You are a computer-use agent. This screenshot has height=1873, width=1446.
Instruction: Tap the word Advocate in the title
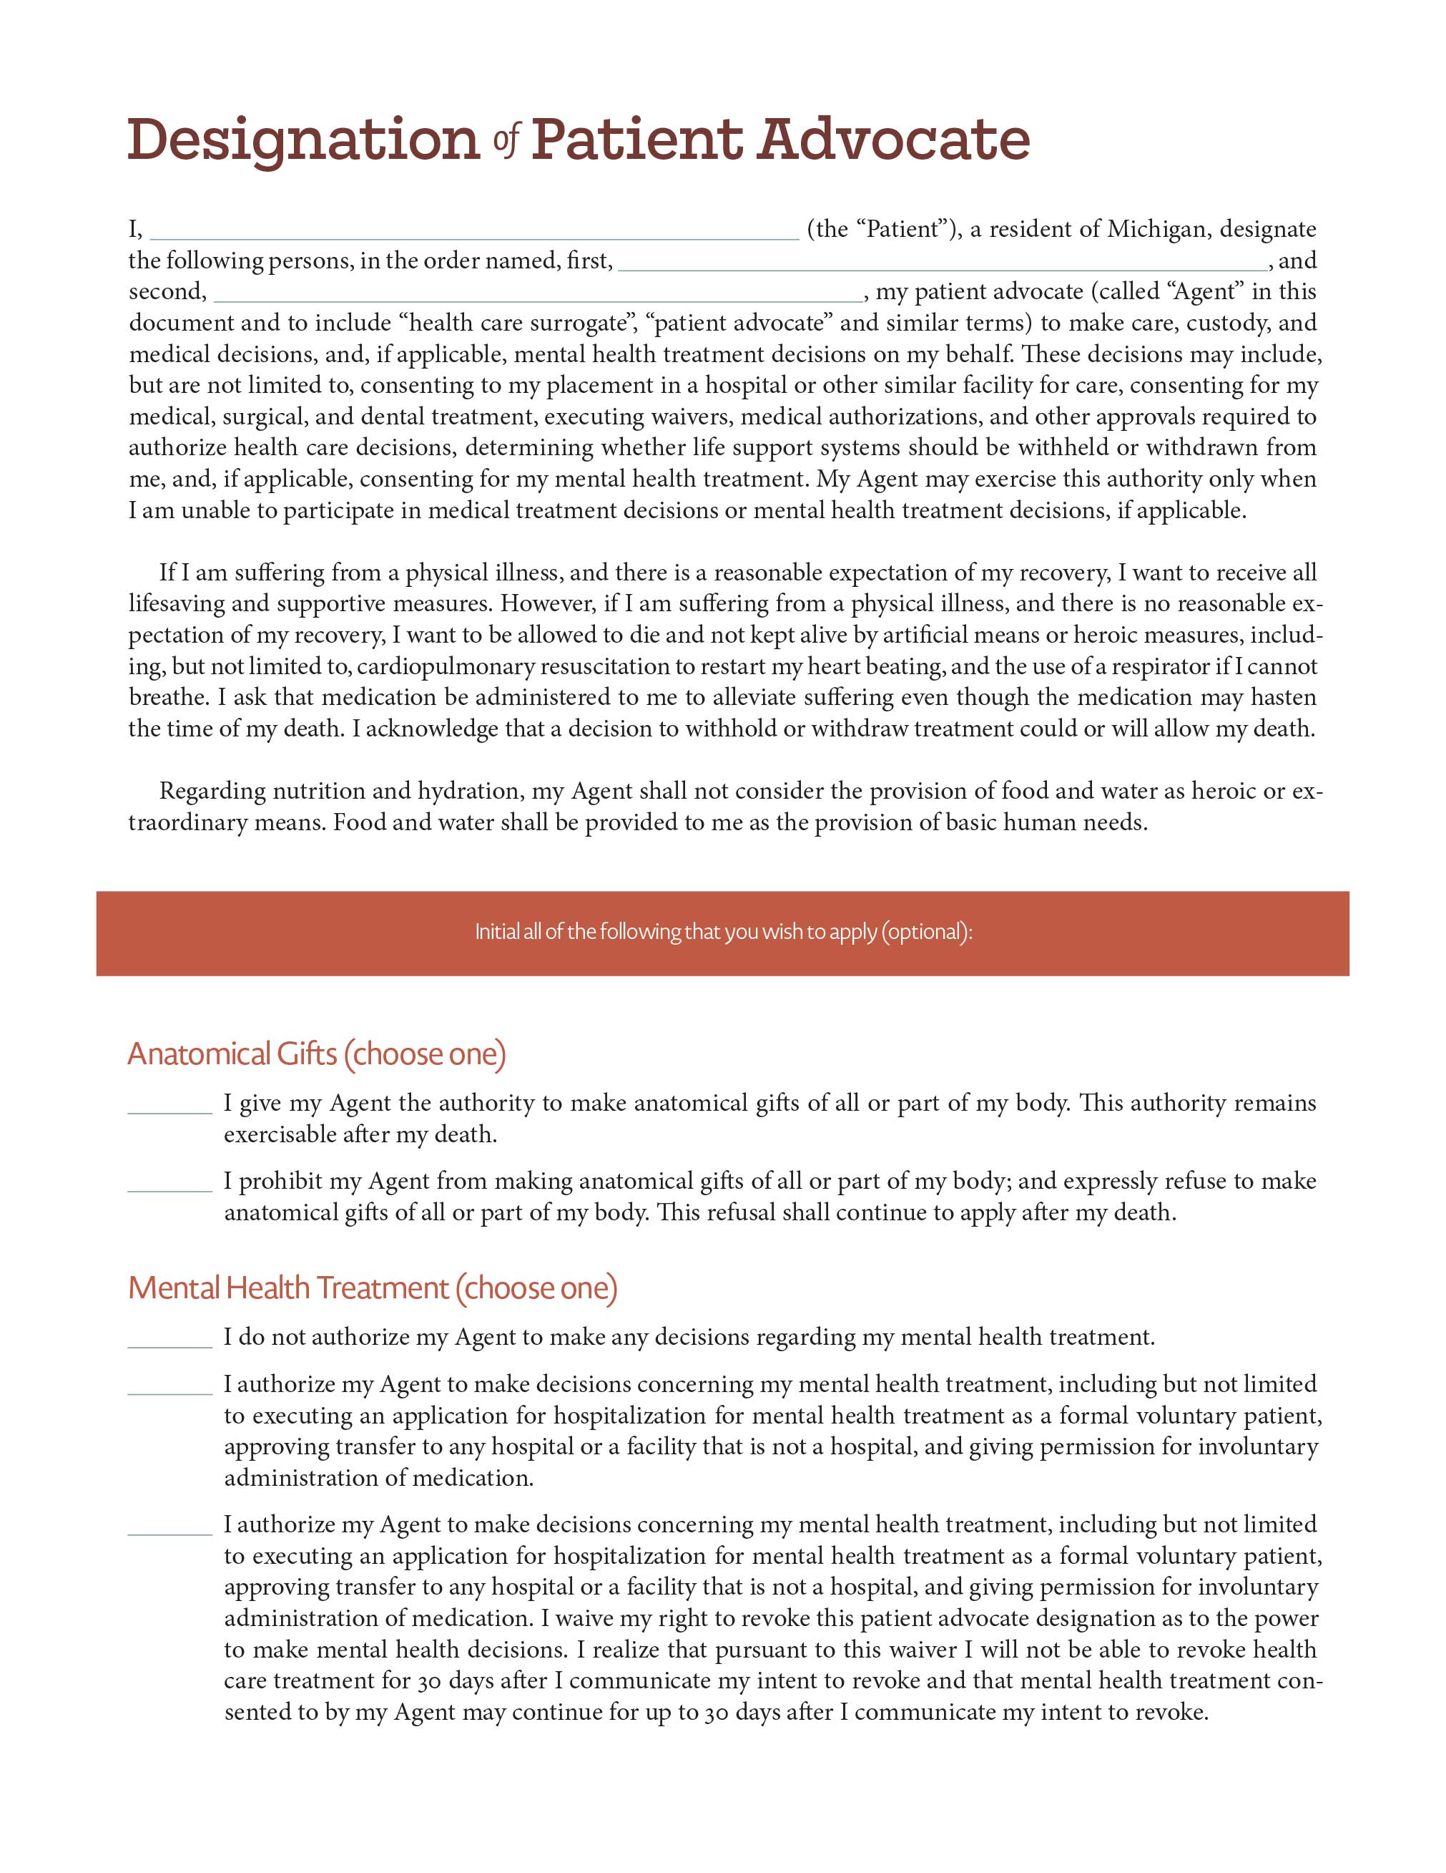(x=893, y=140)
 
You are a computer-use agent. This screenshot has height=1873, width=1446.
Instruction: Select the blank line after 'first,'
(x=941, y=263)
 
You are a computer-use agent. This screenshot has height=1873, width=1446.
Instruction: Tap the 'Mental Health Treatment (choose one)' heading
(x=372, y=1288)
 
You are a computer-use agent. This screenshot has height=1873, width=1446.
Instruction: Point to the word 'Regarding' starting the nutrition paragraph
(x=212, y=791)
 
